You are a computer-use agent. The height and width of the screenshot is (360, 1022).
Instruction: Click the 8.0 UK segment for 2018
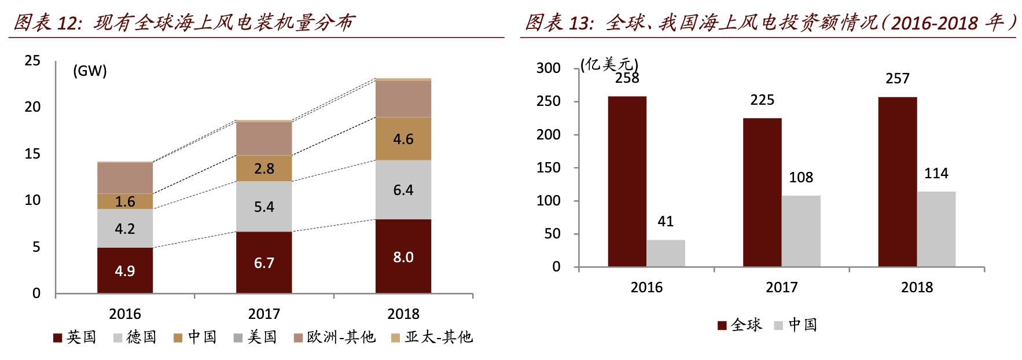403,256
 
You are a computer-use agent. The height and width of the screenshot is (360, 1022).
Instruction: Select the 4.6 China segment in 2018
403,139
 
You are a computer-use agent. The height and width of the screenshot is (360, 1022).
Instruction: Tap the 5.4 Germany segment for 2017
264,207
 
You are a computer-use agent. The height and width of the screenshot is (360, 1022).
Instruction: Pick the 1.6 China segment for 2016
125,201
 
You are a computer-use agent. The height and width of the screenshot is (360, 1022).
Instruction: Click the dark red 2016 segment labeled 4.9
125,270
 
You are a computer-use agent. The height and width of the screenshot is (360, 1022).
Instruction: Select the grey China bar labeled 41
666,253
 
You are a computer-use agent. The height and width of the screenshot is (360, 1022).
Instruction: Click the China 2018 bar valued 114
936,229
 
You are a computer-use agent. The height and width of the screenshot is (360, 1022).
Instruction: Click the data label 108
801,177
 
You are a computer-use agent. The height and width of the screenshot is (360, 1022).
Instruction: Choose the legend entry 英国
75,337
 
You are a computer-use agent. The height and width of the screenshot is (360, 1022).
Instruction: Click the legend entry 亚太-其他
432,337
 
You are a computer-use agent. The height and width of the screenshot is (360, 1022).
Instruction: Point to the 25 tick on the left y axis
32,61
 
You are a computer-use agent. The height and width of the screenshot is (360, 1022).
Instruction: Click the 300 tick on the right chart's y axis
548,68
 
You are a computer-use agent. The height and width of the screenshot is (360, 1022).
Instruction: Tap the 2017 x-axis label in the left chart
264,314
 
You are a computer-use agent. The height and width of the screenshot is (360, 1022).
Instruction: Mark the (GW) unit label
90,71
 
